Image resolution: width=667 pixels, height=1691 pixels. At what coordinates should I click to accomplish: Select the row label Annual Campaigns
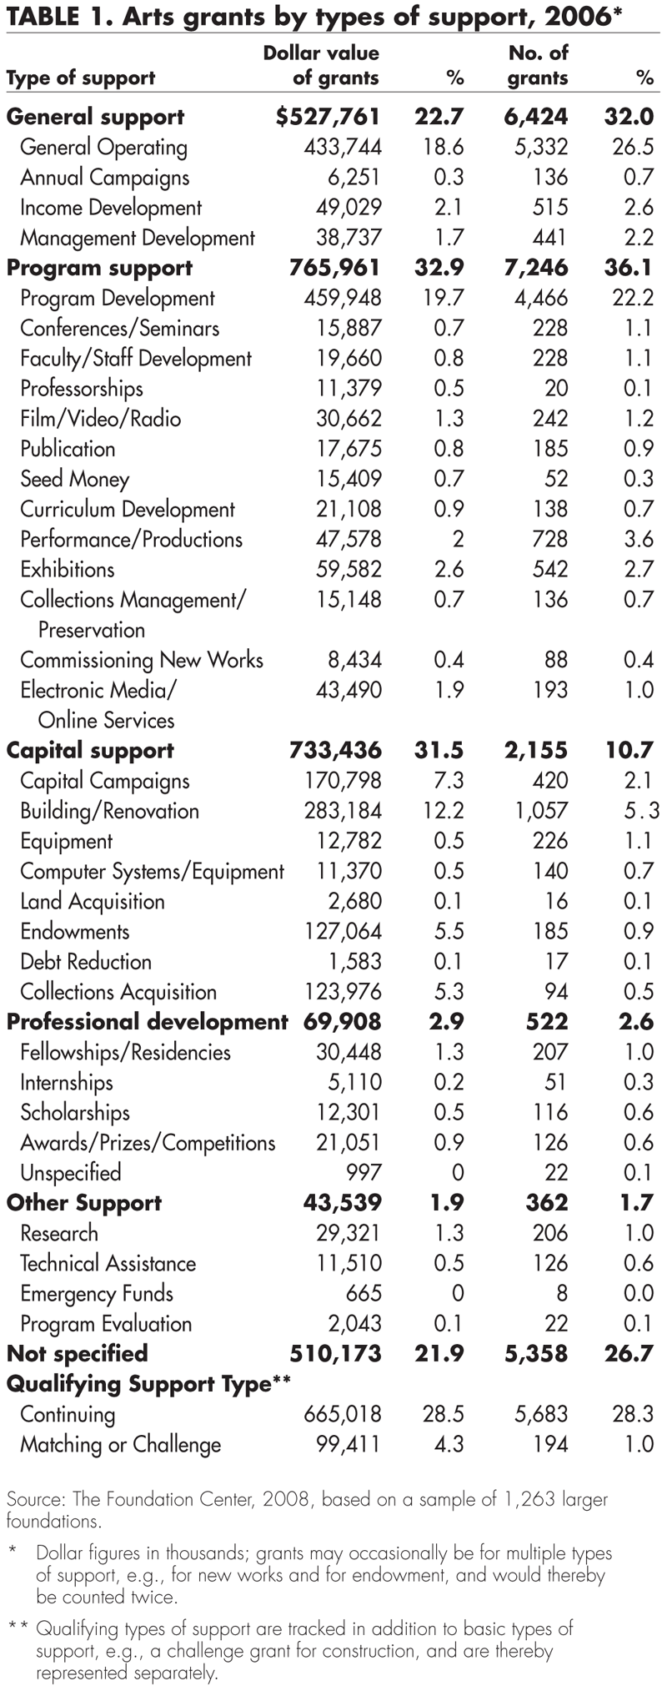click(x=104, y=178)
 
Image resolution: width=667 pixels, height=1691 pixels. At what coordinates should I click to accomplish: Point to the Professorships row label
click(x=82, y=389)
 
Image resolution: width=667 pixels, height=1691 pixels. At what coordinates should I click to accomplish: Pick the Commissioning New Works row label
click(x=142, y=660)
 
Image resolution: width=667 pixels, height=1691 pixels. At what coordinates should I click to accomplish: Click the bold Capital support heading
click(x=90, y=750)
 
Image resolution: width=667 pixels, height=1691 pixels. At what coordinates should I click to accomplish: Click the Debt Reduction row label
click(x=86, y=962)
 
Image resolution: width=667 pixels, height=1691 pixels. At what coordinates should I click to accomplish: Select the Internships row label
click(x=67, y=1083)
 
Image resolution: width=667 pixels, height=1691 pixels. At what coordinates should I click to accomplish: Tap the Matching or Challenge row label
click(x=121, y=1445)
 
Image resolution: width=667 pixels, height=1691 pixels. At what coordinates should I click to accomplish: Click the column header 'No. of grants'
click(x=538, y=65)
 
